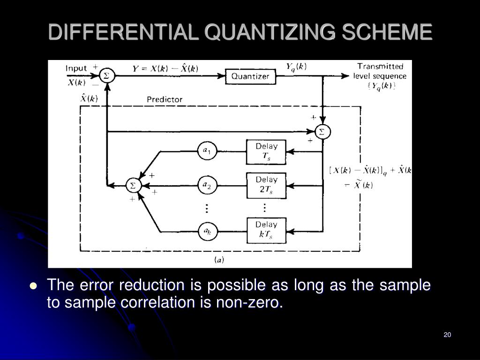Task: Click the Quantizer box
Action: click(250, 76)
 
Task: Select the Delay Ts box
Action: click(266, 152)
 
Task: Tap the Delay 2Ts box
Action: click(266, 185)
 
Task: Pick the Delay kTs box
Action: click(266, 230)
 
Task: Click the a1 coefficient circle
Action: click(207, 151)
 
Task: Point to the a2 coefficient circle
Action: click(207, 186)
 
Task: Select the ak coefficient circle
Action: click(207, 231)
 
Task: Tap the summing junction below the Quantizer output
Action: click(322, 132)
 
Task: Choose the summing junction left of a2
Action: click(133, 186)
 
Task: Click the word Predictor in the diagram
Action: click(165, 99)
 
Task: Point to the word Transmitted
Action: click(380, 67)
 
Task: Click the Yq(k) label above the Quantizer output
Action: click(296, 67)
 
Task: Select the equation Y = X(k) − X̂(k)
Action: click(165, 68)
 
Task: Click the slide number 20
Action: click(447, 335)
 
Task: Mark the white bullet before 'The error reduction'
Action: click(33, 286)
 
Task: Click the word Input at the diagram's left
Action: click(76, 68)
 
